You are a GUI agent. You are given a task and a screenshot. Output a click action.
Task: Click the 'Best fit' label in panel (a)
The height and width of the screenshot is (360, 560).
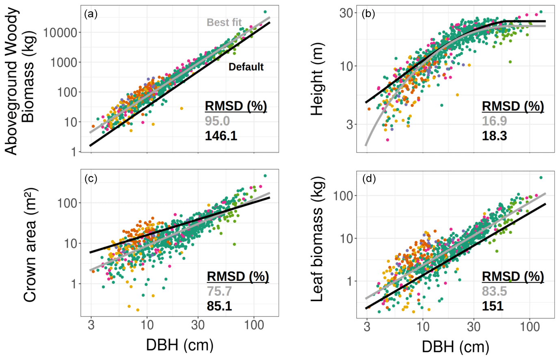point(224,22)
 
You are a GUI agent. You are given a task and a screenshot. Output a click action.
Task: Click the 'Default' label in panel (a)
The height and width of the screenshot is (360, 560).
point(246,67)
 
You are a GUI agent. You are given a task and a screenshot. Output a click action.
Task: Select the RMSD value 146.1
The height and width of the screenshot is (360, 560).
point(221,136)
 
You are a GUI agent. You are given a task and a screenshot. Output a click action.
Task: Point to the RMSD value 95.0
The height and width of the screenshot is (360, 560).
point(217,121)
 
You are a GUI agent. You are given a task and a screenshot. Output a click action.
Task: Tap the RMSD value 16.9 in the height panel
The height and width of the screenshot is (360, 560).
point(494,121)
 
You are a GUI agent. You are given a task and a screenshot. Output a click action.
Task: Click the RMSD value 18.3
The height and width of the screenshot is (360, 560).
point(494,136)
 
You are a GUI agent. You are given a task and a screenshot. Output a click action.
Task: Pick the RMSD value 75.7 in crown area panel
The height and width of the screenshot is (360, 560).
point(219,291)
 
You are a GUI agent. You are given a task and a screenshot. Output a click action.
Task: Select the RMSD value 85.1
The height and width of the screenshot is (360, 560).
point(219,306)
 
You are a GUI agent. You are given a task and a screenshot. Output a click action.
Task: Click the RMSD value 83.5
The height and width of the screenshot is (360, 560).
point(494,291)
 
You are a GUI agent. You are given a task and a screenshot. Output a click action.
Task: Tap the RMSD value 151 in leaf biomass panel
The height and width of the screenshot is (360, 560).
point(493,306)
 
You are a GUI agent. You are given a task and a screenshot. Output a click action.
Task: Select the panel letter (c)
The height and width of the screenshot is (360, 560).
point(91,179)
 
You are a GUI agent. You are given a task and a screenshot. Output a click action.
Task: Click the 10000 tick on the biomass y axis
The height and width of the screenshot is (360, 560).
point(60,32)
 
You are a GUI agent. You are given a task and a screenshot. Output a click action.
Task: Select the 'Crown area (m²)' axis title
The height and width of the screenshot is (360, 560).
point(30,244)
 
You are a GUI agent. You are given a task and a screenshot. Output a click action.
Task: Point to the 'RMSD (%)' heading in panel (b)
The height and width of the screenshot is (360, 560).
point(512,106)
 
